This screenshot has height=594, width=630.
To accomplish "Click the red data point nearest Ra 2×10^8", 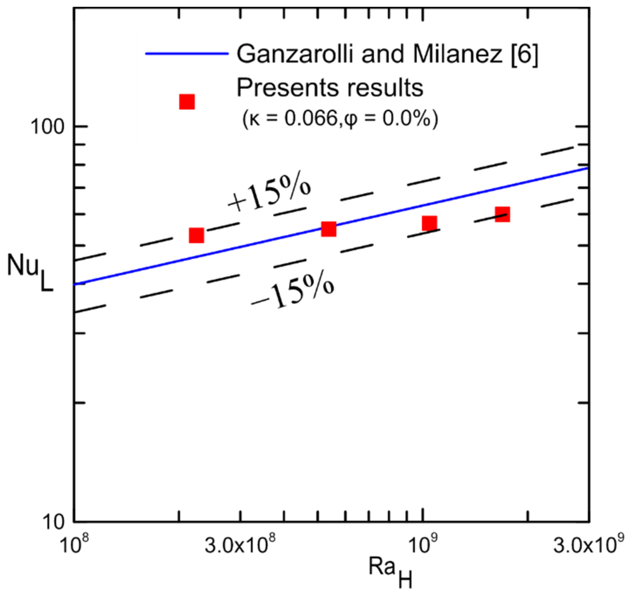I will point(196,236).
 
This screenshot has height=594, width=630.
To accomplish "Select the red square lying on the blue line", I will point(328,229).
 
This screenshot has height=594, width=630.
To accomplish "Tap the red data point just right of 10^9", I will point(429,223).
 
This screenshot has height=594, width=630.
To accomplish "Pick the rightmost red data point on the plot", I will point(502,214).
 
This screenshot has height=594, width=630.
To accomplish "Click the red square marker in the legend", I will point(187,102).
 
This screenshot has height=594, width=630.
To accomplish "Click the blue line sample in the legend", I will point(187,54).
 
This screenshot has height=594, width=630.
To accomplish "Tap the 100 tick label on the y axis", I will point(47,127).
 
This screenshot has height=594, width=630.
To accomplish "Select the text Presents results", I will point(330,88).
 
